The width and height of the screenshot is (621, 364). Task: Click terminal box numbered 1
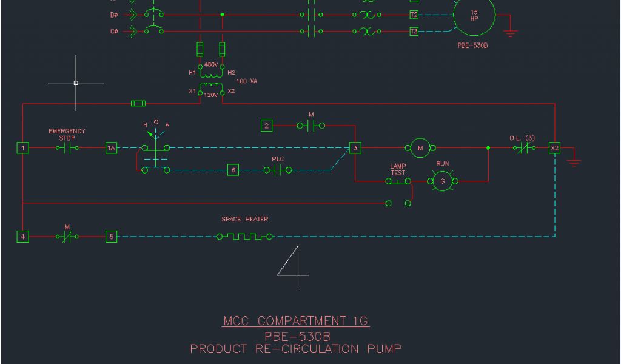coord(22,148)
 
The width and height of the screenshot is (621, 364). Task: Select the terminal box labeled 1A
coord(112,148)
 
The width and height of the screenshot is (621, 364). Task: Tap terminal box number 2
coord(267,126)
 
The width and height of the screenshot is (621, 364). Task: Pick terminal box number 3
coord(356,148)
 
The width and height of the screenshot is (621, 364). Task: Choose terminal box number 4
coord(22,237)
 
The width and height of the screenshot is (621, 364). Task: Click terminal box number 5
coord(112,237)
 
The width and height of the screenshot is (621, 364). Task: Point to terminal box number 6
coord(233,170)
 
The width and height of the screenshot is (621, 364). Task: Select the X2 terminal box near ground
coord(554,148)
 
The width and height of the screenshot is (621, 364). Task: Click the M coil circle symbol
coord(420,147)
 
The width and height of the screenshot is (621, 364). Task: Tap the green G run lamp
coord(442,180)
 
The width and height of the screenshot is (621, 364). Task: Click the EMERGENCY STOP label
coord(67,134)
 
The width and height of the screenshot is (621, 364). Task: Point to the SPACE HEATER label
coord(245,219)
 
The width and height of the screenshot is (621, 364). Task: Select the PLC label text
coord(278,159)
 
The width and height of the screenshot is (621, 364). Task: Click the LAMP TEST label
coord(398,169)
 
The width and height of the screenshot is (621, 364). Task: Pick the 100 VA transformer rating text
coord(247,81)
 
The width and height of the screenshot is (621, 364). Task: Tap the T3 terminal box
coord(414,31)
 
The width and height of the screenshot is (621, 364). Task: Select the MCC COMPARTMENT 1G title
coord(295,321)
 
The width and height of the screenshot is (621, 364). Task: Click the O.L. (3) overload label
coord(522,138)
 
